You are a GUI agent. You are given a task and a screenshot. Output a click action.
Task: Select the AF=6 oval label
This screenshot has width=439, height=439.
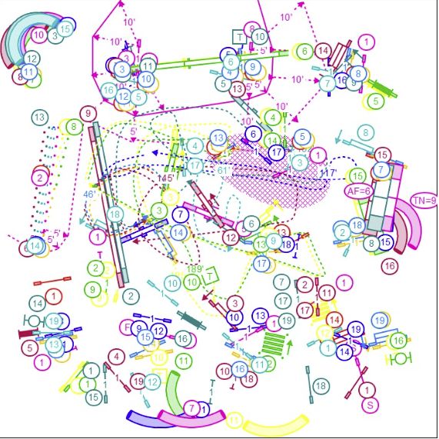point(358,191)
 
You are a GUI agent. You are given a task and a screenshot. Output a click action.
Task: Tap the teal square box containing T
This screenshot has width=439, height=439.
point(240,37)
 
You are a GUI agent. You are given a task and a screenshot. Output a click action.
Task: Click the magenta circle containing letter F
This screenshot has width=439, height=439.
point(127,327)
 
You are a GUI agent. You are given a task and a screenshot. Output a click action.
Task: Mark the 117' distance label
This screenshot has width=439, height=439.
point(328,172)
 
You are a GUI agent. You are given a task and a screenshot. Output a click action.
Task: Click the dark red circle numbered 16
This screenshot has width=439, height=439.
point(390,266)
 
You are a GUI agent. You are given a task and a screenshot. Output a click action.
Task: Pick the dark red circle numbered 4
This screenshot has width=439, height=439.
point(115,356)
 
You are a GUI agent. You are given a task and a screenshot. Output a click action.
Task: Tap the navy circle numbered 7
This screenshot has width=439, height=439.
point(180,215)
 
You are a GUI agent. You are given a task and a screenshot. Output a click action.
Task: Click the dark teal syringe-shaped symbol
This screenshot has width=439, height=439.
point(191,319)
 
